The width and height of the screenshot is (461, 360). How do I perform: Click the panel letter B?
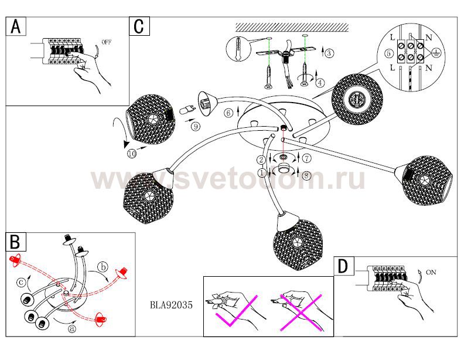(15, 242)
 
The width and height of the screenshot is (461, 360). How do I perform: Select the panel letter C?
(140, 26)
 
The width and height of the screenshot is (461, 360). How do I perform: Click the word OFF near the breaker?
(106, 43)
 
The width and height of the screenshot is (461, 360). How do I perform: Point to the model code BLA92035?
(172, 305)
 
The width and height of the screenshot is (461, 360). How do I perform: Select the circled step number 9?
(194, 125)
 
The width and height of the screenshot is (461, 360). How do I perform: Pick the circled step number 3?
(329, 53)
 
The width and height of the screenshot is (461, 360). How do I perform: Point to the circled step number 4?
(320, 82)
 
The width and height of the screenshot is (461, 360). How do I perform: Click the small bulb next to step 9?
(187, 109)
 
